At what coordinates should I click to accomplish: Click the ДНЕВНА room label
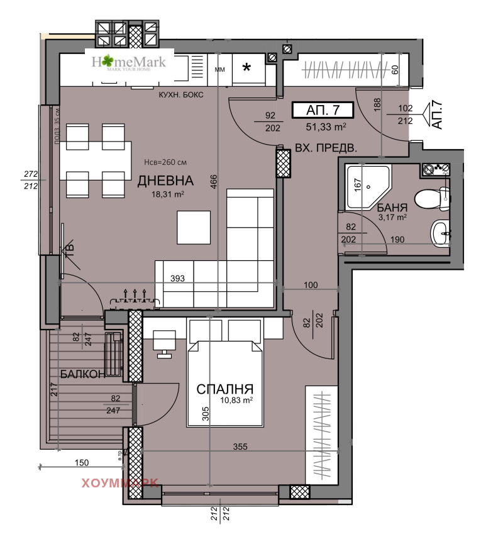tap(166, 181)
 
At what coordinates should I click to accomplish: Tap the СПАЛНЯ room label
tap(224, 388)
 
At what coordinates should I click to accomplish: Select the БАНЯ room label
tap(393, 207)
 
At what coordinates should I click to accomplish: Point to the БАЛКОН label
tap(82, 374)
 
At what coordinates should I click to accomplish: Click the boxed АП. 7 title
tap(323, 110)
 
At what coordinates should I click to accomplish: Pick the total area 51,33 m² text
tap(326, 126)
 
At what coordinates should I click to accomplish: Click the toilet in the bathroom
tap(436, 196)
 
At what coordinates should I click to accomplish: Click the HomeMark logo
tap(129, 62)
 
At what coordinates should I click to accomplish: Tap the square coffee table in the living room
tap(194, 227)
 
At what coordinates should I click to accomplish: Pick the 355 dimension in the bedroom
tap(241, 447)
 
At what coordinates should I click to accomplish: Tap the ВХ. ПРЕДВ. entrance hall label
tap(326, 149)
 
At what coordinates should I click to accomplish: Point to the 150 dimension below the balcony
tap(82, 463)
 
